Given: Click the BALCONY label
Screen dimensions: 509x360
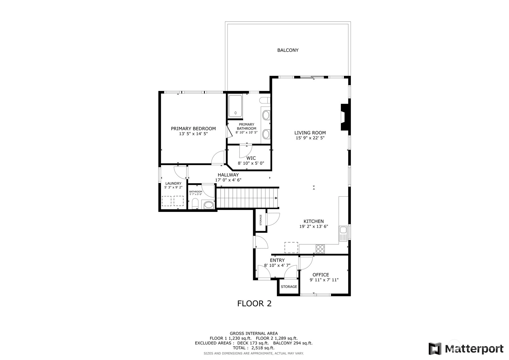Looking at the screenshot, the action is coord(288,50).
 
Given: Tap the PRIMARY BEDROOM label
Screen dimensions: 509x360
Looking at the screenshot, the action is coord(193,128).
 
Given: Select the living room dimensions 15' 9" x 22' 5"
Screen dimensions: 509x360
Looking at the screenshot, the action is coord(310,138).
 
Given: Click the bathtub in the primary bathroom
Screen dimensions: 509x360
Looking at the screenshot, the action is coord(235,106).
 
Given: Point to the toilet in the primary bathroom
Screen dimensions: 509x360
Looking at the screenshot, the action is coord(265,100).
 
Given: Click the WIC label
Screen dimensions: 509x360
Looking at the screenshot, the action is coord(251,158).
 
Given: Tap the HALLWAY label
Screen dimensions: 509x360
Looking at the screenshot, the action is coord(228,175).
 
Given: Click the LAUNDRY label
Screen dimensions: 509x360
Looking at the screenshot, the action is coord(173,183).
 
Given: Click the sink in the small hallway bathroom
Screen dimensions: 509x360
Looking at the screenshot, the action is coord(209,205).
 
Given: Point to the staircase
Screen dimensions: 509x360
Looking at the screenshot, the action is coord(248,198).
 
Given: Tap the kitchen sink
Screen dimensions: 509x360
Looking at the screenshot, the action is coord(343,233).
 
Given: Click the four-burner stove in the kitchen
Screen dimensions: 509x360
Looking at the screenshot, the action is coord(320,249).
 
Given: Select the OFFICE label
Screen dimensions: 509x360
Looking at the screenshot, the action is coord(320,275).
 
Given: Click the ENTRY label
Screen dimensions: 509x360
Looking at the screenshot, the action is coord(277,260).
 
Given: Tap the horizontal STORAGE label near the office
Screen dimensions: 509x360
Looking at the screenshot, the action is coord(289,286).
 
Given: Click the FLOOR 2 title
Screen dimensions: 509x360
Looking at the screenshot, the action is coord(254,303).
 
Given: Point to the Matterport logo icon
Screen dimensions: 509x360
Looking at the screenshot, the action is coord(435,349).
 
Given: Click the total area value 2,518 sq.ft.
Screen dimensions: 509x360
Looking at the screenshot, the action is coord(263,348).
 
